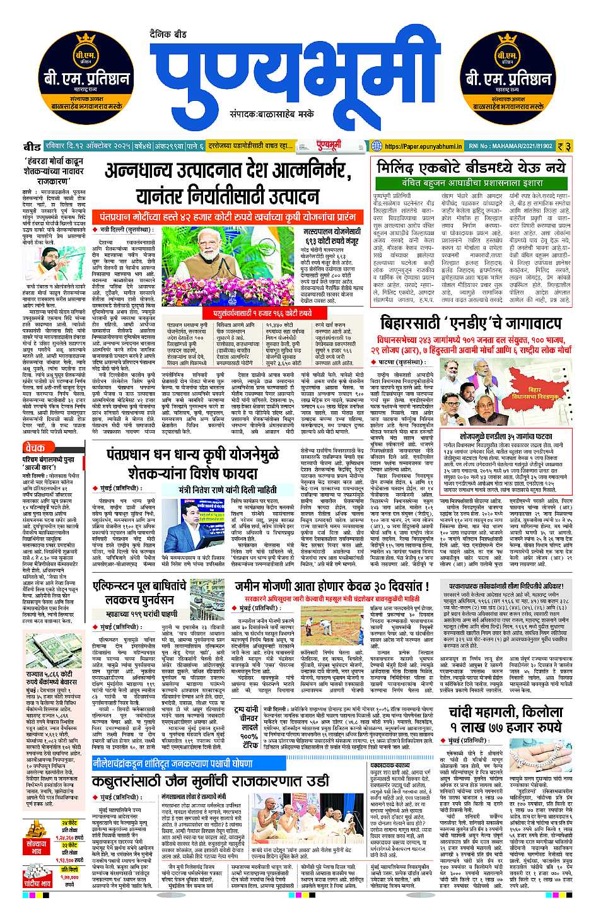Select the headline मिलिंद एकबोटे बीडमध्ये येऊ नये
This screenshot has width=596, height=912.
(x=472, y=168)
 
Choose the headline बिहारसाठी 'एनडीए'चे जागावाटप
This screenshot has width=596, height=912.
(x=472, y=324)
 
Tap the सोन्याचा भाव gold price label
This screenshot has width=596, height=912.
(x=37, y=847)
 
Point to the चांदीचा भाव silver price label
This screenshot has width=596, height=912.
(x=37, y=883)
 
